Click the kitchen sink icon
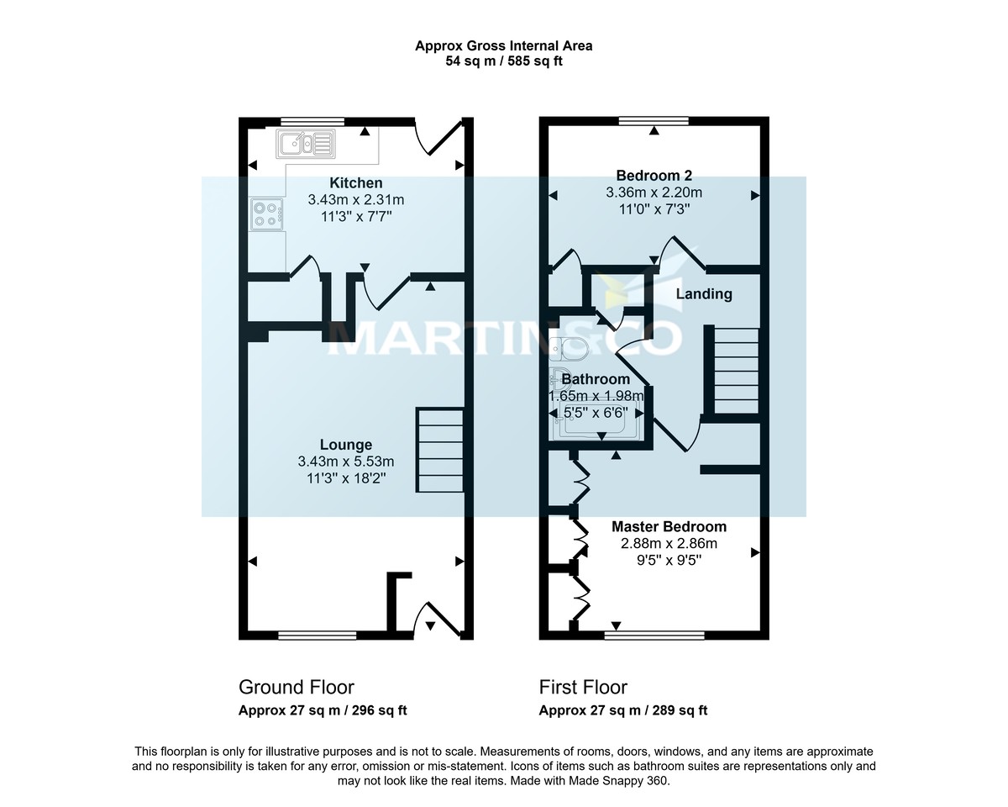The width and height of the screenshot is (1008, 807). [306, 144]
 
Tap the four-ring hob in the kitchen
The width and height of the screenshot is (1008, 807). [266, 214]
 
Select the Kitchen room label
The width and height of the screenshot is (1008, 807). [356, 183]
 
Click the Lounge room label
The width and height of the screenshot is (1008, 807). [345, 445]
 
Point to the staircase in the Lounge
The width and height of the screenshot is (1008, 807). [440, 451]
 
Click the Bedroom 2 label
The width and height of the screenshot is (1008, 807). [654, 176]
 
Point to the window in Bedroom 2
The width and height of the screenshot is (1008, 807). [654, 121]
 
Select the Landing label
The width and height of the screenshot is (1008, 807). [704, 294]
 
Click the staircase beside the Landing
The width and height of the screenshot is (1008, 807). [736, 370]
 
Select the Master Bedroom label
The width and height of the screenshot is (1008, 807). [669, 527]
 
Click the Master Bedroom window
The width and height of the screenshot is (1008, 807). [654, 635]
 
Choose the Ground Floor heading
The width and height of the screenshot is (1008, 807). [297, 687]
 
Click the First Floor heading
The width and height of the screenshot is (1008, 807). [583, 687]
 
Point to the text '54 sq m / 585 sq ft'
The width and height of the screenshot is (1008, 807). [504, 61]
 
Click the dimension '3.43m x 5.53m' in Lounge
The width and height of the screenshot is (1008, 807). [345, 462]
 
